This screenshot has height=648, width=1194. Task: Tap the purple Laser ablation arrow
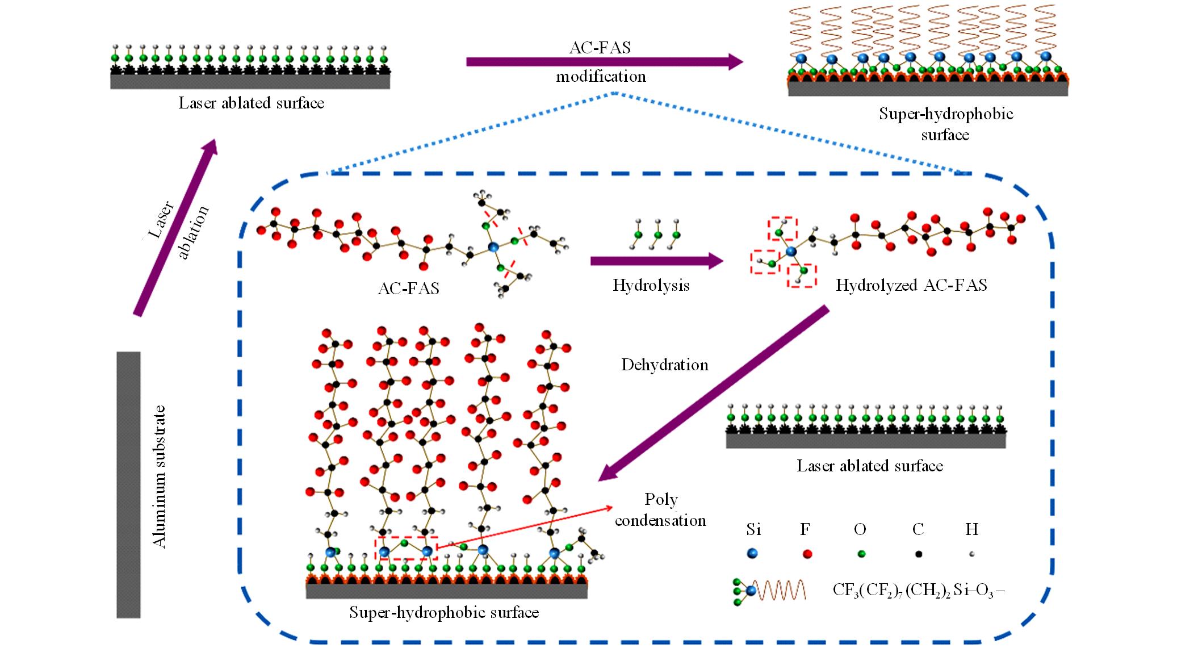click(x=175, y=227)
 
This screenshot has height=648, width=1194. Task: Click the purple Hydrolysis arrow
click(x=656, y=261)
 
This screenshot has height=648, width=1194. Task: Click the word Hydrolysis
click(x=651, y=285)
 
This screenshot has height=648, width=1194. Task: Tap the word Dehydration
click(x=665, y=365)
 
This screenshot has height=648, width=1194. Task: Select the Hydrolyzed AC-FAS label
click(x=911, y=285)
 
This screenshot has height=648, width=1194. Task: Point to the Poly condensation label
click(x=661, y=509)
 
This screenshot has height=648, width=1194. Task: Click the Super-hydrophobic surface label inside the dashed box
click(x=444, y=613)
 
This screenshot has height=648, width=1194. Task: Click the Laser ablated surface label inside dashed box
click(x=869, y=466)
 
